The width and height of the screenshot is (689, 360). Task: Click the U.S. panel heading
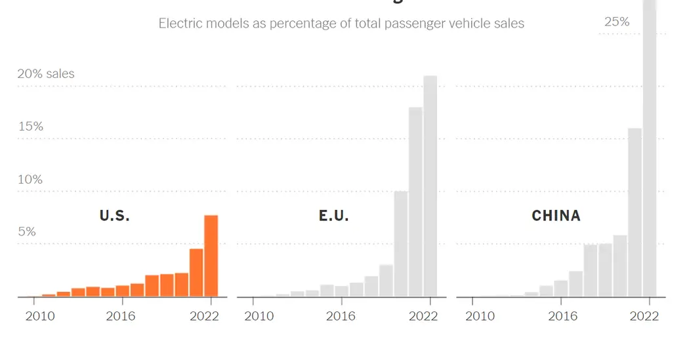click(x=114, y=215)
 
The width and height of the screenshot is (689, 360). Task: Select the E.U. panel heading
click(x=333, y=215)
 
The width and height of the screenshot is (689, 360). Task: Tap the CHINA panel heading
click(x=556, y=215)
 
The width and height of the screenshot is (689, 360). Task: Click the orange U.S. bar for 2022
click(x=211, y=256)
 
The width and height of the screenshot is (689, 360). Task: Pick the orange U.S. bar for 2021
click(x=196, y=273)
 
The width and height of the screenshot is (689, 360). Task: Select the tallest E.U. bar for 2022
click(x=430, y=186)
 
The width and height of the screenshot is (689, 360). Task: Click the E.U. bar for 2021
click(x=415, y=202)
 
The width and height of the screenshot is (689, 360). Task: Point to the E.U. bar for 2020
click(x=401, y=244)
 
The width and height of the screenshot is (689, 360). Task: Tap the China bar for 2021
click(x=635, y=212)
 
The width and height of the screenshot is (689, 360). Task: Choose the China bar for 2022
click(x=649, y=148)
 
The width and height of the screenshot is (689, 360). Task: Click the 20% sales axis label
click(x=46, y=73)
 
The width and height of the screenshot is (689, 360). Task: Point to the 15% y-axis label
click(x=30, y=126)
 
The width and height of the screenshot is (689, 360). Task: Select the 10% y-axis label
click(x=30, y=179)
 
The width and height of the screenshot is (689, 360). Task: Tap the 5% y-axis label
click(x=27, y=231)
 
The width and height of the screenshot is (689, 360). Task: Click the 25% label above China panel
click(x=617, y=22)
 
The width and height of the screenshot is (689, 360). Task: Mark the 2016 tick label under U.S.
click(x=121, y=316)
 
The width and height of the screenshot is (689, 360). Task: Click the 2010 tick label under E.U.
click(x=259, y=316)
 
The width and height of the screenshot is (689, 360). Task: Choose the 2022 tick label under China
click(x=644, y=316)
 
